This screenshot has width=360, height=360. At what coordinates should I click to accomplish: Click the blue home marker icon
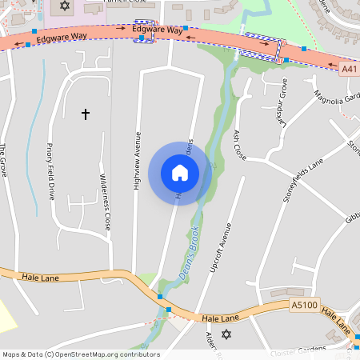[180, 173]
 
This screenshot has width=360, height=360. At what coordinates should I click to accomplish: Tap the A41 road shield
[349, 70]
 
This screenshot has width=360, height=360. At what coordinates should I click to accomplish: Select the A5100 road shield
[304, 305]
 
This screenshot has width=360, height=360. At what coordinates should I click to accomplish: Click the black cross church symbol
[86, 115]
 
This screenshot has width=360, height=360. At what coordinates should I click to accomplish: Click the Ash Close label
[240, 146]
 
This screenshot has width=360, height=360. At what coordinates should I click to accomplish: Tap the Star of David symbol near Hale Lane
[225, 334]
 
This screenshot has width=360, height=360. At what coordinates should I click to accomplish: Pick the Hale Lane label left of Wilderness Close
[42, 277]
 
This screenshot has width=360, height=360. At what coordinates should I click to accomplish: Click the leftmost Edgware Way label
[61, 37]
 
